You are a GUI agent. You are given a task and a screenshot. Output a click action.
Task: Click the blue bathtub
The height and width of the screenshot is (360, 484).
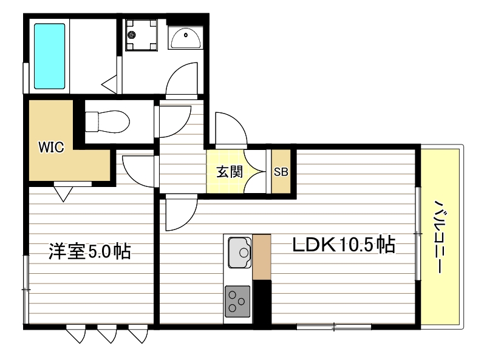[x=49, y=56]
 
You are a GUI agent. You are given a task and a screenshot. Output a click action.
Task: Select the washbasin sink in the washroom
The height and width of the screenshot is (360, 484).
[x=185, y=39]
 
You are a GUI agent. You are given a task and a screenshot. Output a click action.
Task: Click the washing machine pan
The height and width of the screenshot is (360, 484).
[x=141, y=36]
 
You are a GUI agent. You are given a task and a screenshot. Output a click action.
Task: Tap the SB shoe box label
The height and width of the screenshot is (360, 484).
[x=281, y=172]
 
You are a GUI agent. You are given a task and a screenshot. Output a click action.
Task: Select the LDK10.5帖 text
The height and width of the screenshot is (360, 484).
[x=344, y=246]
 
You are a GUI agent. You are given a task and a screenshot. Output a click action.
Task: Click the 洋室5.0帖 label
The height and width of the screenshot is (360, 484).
[x=89, y=251]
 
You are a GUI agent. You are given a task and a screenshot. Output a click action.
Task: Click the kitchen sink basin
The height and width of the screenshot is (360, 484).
[x=240, y=252]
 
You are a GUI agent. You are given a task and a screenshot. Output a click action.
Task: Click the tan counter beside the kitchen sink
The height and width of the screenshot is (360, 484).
[x=262, y=257]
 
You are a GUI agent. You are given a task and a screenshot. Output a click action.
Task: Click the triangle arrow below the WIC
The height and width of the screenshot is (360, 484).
[x=63, y=193]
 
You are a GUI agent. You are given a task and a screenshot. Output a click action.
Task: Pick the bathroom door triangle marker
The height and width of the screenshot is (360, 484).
[x=110, y=83]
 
